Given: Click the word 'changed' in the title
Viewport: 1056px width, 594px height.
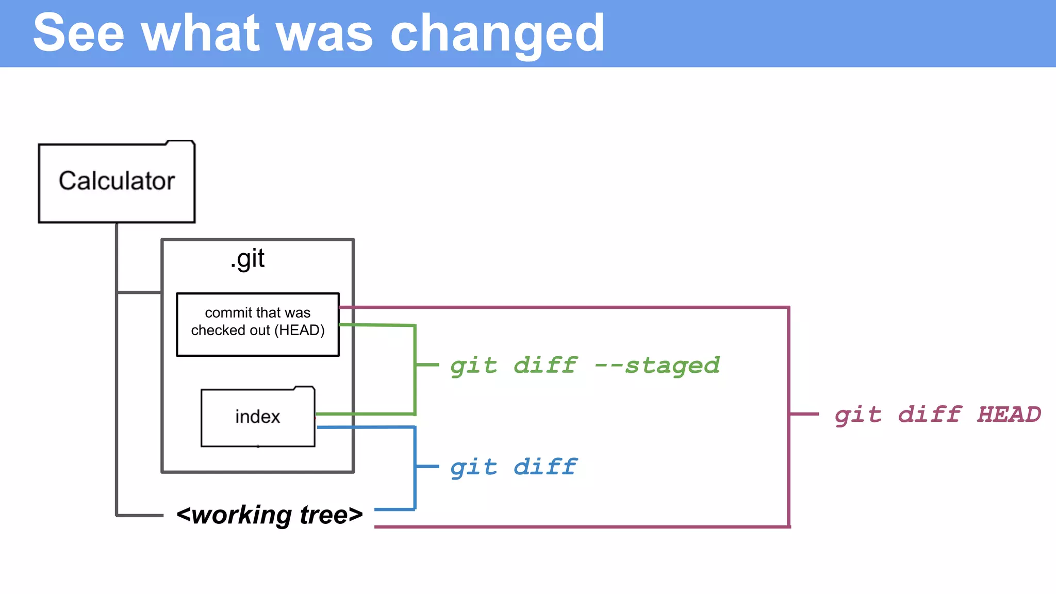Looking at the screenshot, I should click(497, 34).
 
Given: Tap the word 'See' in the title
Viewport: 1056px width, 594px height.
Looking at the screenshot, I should click(78, 33).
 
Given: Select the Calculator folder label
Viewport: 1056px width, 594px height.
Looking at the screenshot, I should click(117, 181).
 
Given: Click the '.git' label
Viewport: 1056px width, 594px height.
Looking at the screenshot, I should click(248, 259).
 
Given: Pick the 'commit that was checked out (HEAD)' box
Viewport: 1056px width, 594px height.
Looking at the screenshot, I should click(258, 324).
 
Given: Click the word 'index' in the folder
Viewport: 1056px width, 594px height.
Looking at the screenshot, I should click(257, 417).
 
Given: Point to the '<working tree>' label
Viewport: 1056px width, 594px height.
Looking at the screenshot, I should click(269, 515).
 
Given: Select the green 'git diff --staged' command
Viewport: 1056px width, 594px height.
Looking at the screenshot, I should click(585, 366).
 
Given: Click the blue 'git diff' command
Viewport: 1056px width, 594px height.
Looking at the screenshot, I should click(514, 467).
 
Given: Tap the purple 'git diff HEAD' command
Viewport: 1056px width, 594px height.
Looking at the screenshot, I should click(937, 415).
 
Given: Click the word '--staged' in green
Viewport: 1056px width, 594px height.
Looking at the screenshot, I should click(657, 366).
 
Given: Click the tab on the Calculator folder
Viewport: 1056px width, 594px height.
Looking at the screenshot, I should click(180, 142).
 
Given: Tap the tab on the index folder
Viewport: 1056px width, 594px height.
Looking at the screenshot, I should click(304, 388).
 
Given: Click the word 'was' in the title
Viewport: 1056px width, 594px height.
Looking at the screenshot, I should click(324, 34).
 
